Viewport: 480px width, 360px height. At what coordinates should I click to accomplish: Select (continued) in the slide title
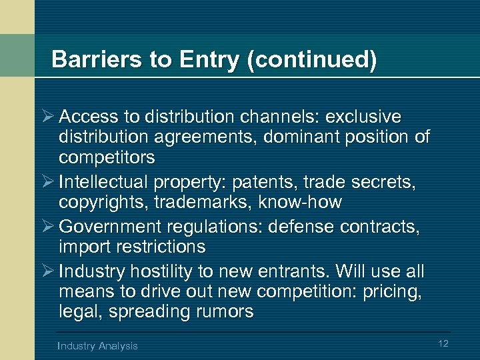click(311, 60)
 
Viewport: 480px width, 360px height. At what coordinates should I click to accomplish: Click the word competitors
click(107, 158)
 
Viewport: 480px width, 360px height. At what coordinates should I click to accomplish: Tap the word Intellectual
click(103, 182)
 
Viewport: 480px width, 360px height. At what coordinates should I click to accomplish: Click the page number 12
click(443, 343)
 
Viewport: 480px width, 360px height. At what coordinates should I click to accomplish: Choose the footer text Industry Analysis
click(98, 345)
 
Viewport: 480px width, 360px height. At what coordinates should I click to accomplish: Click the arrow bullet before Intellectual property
click(47, 182)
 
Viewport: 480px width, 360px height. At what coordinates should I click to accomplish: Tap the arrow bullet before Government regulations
click(47, 227)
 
